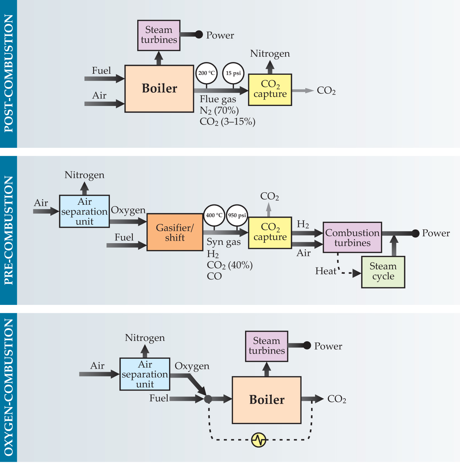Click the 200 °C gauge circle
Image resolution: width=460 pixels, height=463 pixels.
(x=207, y=73)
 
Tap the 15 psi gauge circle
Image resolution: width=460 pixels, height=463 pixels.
(x=233, y=73)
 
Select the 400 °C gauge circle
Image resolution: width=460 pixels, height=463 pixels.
(x=214, y=215)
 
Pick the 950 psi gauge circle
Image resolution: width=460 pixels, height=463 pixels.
(x=237, y=215)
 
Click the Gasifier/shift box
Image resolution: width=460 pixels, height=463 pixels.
(x=175, y=233)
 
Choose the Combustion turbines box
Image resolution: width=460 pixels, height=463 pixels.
(x=352, y=237)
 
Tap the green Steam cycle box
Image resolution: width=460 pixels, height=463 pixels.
(x=383, y=272)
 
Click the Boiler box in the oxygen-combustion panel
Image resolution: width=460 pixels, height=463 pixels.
(x=267, y=400)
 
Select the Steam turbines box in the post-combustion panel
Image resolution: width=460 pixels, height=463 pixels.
(x=159, y=35)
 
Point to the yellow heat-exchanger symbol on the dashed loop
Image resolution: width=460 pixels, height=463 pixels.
(x=259, y=440)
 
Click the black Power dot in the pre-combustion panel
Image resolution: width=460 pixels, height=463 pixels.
(x=416, y=234)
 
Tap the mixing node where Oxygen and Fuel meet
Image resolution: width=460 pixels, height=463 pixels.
(x=208, y=399)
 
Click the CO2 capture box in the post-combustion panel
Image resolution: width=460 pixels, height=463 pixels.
(x=270, y=90)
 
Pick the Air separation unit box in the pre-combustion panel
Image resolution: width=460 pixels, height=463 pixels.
(x=85, y=211)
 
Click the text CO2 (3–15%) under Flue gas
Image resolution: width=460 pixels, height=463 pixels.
(x=228, y=122)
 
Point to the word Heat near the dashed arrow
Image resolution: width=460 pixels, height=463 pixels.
(x=326, y=271)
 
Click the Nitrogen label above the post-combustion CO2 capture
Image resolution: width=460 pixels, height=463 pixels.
(x=270, y=54)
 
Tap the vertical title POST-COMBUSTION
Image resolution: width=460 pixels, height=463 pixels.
(x=9, y=73)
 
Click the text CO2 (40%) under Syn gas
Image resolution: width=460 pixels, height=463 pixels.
(x=230, y=265)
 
